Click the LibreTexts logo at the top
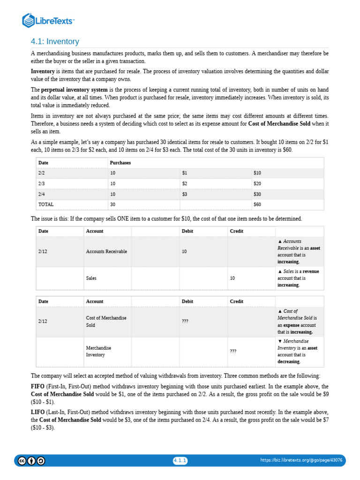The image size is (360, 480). pos(48,21)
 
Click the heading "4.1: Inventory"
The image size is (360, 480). pos(55,42)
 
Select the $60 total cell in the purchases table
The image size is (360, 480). pos(257,204)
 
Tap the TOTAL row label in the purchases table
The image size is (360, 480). pos(46,204)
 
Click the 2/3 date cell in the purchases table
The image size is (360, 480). pos(41,183)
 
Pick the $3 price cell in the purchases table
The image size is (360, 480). pos(185,194)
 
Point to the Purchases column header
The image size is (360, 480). pos(120,163)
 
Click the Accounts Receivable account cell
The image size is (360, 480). pos(106,252)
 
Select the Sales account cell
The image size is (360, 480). pos(91,278)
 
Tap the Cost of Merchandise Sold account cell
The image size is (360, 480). pos(106,322)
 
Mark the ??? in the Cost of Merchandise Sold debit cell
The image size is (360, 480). pos(185,322)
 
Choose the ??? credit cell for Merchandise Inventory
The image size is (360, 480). pos(233,352)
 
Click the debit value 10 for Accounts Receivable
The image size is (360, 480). pos(184,252)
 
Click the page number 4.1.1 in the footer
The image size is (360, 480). pos(180,460)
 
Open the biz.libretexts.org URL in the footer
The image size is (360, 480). pos(301,460)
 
